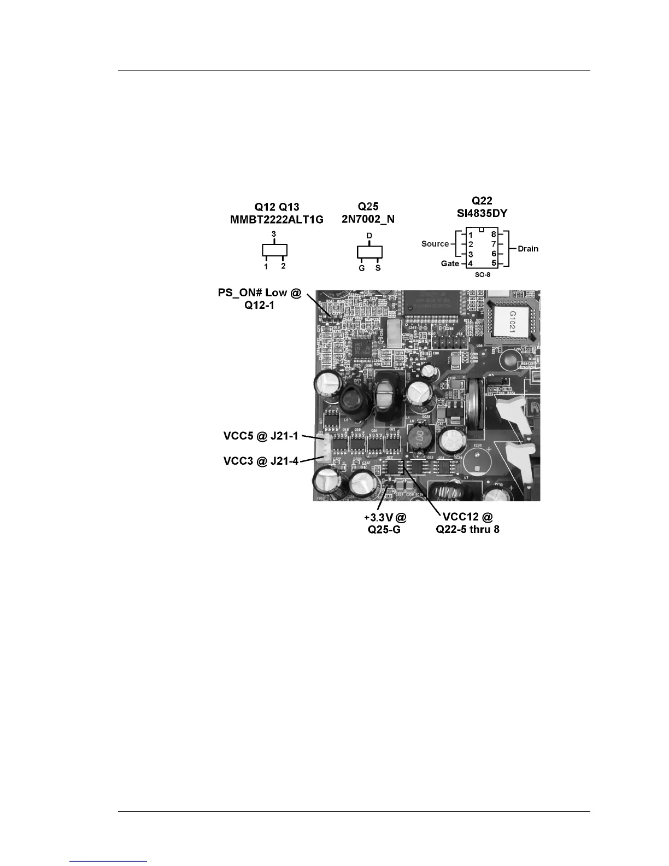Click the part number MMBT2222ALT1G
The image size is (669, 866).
point(277,220)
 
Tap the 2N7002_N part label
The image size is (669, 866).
point(368,220)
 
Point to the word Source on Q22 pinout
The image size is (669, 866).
point(435,244)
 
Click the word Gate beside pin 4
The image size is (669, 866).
point(450,264)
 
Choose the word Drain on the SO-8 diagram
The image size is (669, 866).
point(528,249)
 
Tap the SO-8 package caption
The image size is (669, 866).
point(482,274)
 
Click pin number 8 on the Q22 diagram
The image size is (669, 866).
point(494,235)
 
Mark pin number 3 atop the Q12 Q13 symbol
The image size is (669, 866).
point(274,234)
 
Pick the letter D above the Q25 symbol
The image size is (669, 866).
point(369,236)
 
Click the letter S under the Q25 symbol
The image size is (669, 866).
point(378,268)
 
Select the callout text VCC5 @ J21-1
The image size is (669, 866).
point(261,436)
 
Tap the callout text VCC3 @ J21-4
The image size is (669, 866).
point(261,461)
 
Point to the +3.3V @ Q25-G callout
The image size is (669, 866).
point(385,523)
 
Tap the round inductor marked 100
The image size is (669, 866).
point(418,438)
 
